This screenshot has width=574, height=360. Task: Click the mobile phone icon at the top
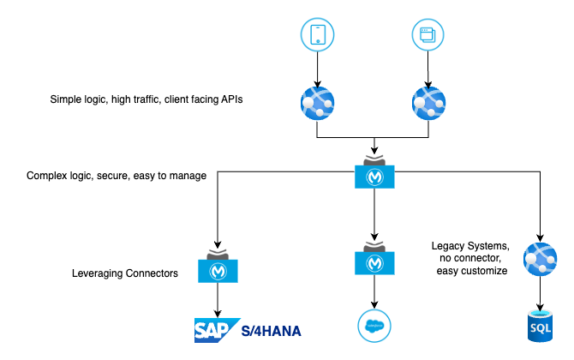pyautogui.click(x=317, y=35)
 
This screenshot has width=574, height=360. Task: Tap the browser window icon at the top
pyautogui.click(x=428, y=35)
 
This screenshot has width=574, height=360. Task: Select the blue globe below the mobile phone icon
pyautogui.click(x=317, y=103)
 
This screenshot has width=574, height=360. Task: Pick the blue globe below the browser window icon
pyautogui.click(x=428, y=103)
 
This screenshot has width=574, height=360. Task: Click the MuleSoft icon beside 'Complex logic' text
pyautogui.click(x=374, y=173)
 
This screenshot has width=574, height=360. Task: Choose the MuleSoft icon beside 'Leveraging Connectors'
pyautogui.click(x=218, y=267)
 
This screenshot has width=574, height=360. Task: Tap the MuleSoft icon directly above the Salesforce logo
pyautogui.click(x=374, y=259)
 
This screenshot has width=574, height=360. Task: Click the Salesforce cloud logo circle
pyautogui.click(x=374, y=326)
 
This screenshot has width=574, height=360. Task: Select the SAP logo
pyautogui.click(x=217, y=330)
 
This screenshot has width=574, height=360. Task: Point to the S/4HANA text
pyautogui.click(x=272, y=332)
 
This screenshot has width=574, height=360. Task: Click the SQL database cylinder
pyautogui.click(x=541, y=326)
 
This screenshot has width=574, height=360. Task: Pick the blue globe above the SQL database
pyautogui.click(x=540, y=259)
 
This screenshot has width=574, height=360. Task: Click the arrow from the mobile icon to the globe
pyautogui.click(x=317, y=69)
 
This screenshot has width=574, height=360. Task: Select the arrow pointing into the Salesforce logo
pyautogui.click(x=374, y=292)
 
